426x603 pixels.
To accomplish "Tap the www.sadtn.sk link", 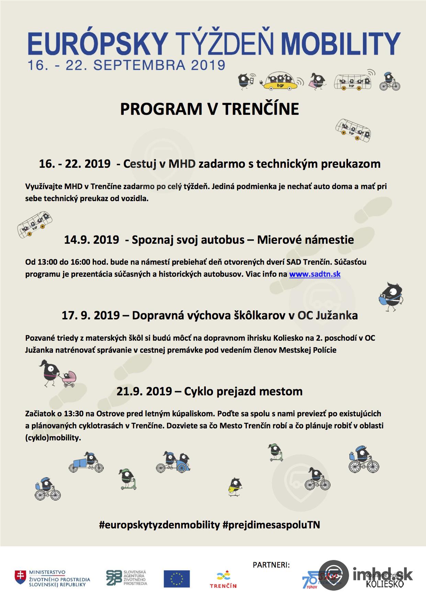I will click(315, 274).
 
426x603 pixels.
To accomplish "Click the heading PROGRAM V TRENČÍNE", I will click(209, 109).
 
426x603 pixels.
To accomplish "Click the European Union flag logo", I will click(177, 579).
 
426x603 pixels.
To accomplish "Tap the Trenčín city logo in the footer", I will click(223, 580).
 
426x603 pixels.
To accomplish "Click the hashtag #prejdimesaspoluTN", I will click(271, 525).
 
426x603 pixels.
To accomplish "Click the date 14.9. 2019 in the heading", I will click(91, 240).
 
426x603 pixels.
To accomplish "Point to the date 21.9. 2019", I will click(144, 391).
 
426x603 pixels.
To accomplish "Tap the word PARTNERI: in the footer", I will click(271, 565).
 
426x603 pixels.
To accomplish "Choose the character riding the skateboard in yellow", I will click(235, 486).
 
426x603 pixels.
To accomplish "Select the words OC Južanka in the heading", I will click(327, 315).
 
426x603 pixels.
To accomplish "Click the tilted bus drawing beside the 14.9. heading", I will click(35, 223).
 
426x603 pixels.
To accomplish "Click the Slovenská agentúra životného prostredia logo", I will click(126, 578).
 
